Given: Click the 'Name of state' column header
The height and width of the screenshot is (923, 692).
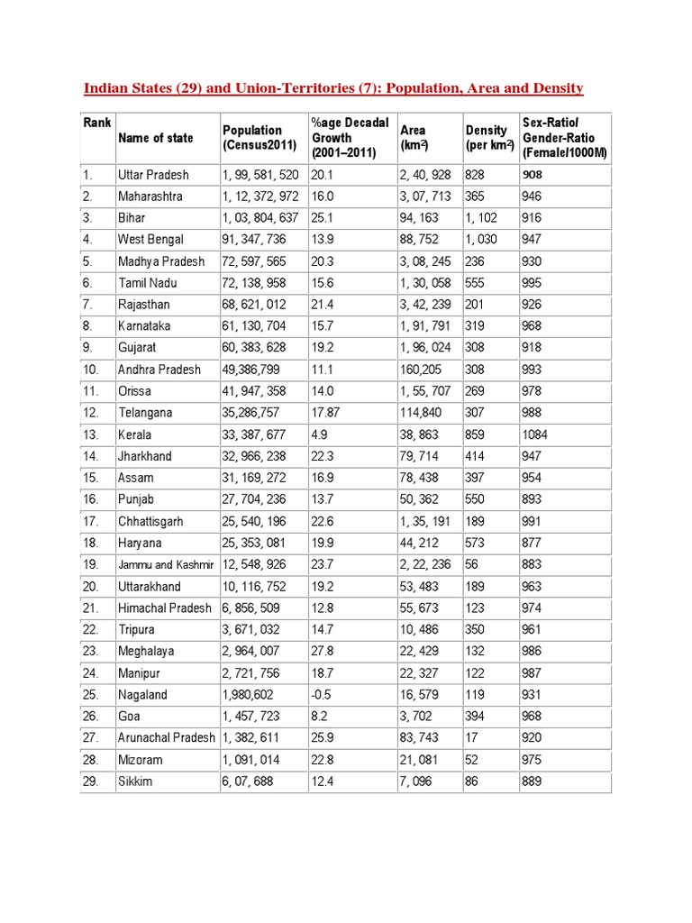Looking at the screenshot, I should (155, 138).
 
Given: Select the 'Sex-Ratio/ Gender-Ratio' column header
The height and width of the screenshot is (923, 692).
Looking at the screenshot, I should (565, 138).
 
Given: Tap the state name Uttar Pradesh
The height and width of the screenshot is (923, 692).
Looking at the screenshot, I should (152, 174).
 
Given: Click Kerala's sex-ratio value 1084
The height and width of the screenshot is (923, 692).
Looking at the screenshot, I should (534, 434).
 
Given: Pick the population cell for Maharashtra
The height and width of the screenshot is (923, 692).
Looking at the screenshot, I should (260, 196).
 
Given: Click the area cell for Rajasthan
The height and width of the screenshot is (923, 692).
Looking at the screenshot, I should (425, 305).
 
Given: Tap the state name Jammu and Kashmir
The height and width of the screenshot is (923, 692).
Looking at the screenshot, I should (166, 565).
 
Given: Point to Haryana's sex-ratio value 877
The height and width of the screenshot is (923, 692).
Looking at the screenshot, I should (532, 543).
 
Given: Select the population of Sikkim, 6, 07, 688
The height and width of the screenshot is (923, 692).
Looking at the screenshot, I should (251, 781).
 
